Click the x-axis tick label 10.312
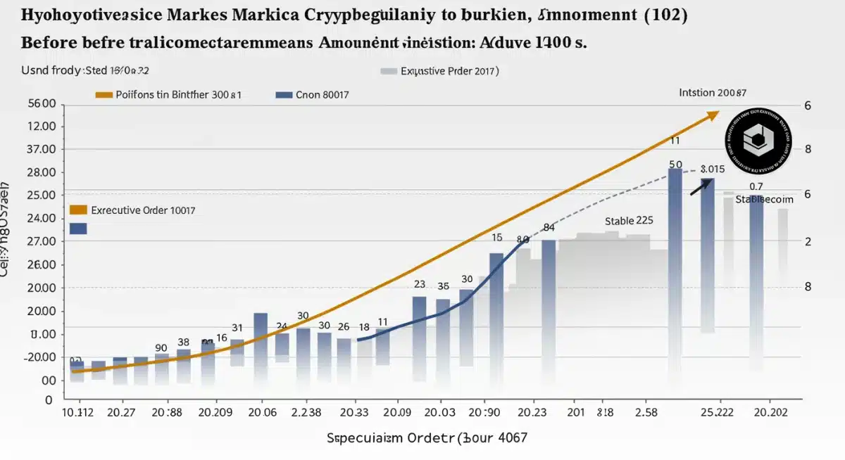[78, 412]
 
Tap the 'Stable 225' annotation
[629, 221]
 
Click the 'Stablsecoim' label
[764, 200]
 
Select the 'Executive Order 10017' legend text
[143, 210]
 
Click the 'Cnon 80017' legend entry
[323, 94]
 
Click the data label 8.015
[713, 170]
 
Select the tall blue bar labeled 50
[675, 274]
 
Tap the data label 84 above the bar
[549, 228]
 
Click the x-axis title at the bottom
[426, 438]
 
